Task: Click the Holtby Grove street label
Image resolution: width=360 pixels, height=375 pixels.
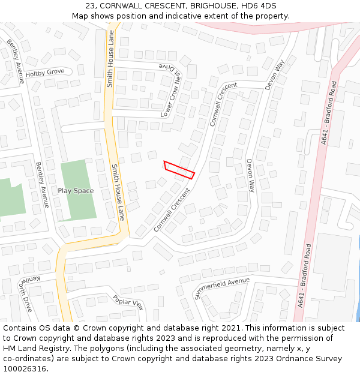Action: [x=45, y=73]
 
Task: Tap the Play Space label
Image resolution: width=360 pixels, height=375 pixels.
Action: [x=76, y=191]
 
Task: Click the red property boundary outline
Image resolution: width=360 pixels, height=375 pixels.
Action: [x=179, y=170]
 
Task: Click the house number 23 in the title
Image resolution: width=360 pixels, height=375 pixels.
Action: [x=91, y=6]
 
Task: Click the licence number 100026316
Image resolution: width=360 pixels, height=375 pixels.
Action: [x=24, y=368]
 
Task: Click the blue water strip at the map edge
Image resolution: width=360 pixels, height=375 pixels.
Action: [x=358, y=282]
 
